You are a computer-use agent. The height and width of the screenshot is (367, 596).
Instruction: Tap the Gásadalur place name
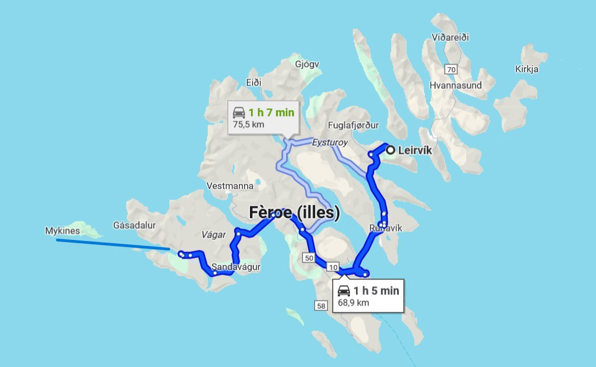[135, 225]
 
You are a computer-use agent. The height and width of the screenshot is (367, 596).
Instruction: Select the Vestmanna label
[230, 186]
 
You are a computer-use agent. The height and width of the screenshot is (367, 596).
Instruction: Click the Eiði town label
[253, 83]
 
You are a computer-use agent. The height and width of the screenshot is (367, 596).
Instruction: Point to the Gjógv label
[307, 63]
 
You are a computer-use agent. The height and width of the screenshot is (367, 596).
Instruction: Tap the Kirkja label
[527, 69]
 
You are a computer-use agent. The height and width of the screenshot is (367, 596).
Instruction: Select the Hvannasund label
[456, 85]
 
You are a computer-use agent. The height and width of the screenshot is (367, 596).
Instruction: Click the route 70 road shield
[451, 69]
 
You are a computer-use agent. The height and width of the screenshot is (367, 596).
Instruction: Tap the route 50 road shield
[309, 258]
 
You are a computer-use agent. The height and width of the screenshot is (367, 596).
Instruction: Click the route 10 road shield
[333, 267]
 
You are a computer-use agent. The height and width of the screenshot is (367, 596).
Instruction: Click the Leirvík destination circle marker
[390, 150]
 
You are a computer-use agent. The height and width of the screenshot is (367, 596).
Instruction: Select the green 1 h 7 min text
[271, 113]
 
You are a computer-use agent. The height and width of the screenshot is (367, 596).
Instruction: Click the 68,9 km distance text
[353, 302]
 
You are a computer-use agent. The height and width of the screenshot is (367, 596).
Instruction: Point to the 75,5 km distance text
[248, 124]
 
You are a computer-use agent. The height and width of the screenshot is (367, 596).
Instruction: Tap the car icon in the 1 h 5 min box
[344, 291]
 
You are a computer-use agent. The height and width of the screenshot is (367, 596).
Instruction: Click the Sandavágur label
[236, 267]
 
